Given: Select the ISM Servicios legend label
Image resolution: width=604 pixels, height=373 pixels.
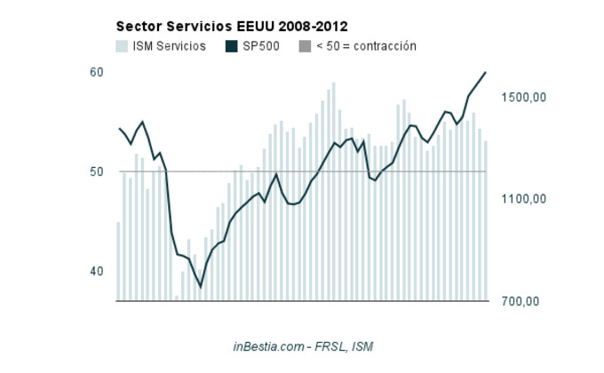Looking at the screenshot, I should click(x=169, y=46).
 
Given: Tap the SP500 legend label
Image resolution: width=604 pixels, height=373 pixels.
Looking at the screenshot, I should click(x=263, y=46).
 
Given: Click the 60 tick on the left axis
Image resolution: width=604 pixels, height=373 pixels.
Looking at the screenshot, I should click(x=97, y=72).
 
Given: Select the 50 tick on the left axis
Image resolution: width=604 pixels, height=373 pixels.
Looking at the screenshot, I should click(x=97, y=171).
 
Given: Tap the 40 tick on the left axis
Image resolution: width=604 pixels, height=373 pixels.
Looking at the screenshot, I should click(x=97, y=271).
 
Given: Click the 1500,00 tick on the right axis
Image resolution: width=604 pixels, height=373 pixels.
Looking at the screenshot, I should click(x=521, y=98).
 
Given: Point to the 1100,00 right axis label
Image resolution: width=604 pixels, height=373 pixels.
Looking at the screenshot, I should click(x=521, y=200).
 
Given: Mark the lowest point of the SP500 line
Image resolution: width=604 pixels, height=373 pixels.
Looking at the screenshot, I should click(x=201, y=287).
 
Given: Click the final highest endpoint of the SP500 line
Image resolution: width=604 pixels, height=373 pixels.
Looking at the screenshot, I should click(x=486, y=72).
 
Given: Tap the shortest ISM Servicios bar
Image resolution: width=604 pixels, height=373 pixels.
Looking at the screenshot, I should click(x=177, y=298).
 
